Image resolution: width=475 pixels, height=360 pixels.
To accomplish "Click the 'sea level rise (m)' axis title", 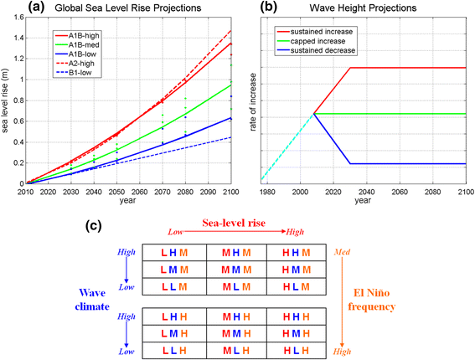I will pyautogui.click(x=7, y=100).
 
